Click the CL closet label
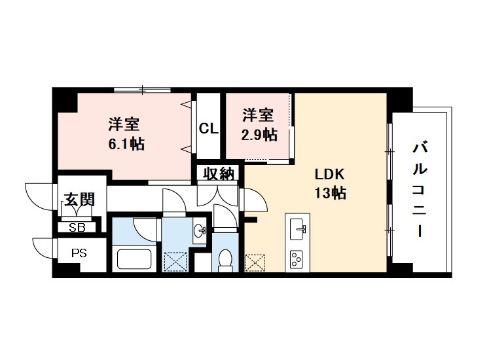(x=208, y=129)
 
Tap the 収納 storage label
(x=218, y=174)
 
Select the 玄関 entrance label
(x=79, y=198)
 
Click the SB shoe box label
(x=78, y=227)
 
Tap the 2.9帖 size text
(x=259, y=135)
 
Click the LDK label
(x=330, y=175)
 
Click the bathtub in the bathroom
(x=134, y=259)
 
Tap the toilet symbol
(x=225, y=260)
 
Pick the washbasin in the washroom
(x=200, y=231)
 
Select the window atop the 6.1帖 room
(x=142, y=89)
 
